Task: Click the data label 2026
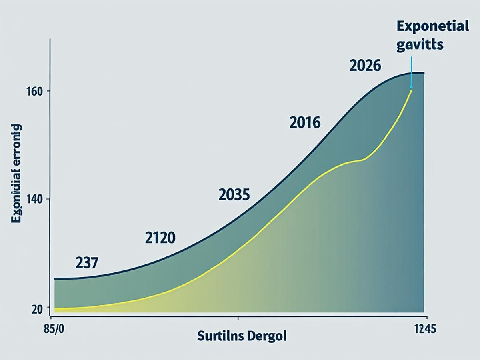[x=365, y=66]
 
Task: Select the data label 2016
[x=305, y=123]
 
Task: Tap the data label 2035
[x=234, y=195]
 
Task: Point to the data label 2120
[x=160, y=238]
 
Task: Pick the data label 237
[x=87, y=263]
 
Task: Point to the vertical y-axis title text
[x=16, y=174]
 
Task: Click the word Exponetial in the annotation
[x=432, y=27]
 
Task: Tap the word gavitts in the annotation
[x=420, y=44]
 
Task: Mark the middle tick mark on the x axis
[x=238, y=318]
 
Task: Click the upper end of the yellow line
[x=411, y=91]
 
